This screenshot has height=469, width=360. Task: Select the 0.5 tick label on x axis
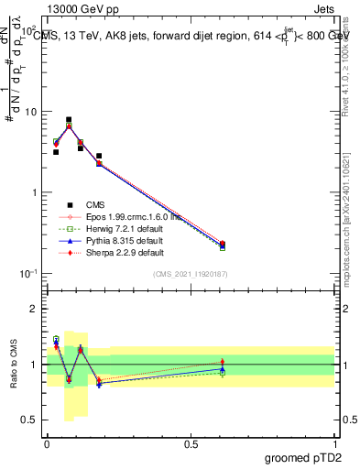[x=191, y=443]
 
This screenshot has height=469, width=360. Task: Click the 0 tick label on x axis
[x=47, y=443]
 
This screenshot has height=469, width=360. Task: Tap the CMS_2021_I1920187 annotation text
[x=191, y=274]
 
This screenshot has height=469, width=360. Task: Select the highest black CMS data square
[x=69, y=120]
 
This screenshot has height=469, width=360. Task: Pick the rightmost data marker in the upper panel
[x=223, y=245]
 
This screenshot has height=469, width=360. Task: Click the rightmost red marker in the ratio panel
[x=223, y=363]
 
